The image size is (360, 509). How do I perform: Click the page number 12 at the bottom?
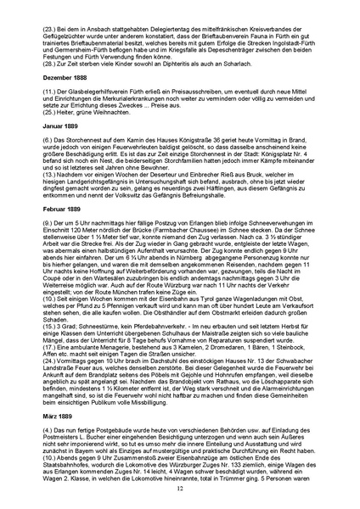180,489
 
